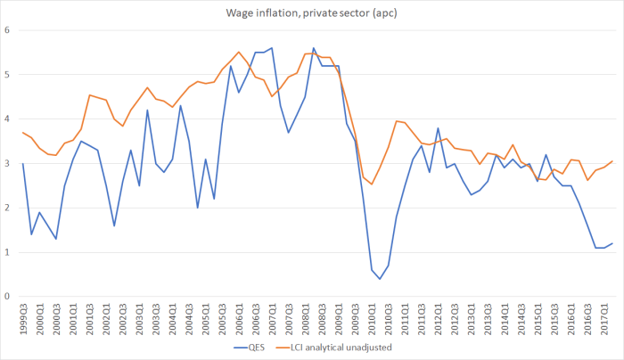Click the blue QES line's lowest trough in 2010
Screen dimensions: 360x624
380,279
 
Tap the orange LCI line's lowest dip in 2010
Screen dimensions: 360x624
372,184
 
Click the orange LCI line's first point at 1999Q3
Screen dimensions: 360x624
22,133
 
